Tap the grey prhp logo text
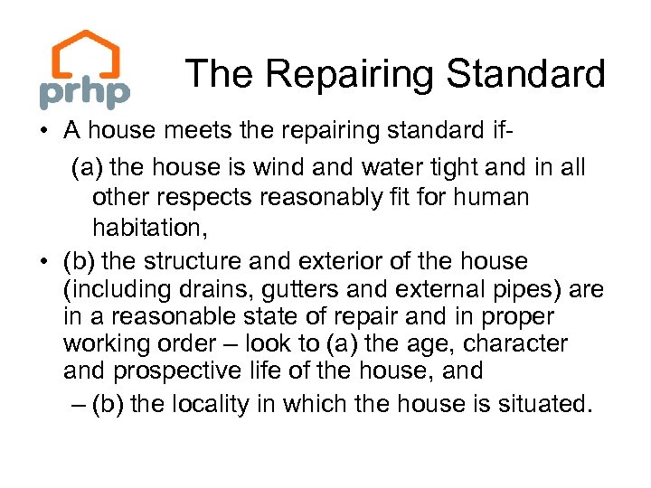(x=84, y=92)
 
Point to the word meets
(x=203, y=130)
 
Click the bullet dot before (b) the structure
(x=43, y=262)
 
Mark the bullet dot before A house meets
(x=43, y=131)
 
